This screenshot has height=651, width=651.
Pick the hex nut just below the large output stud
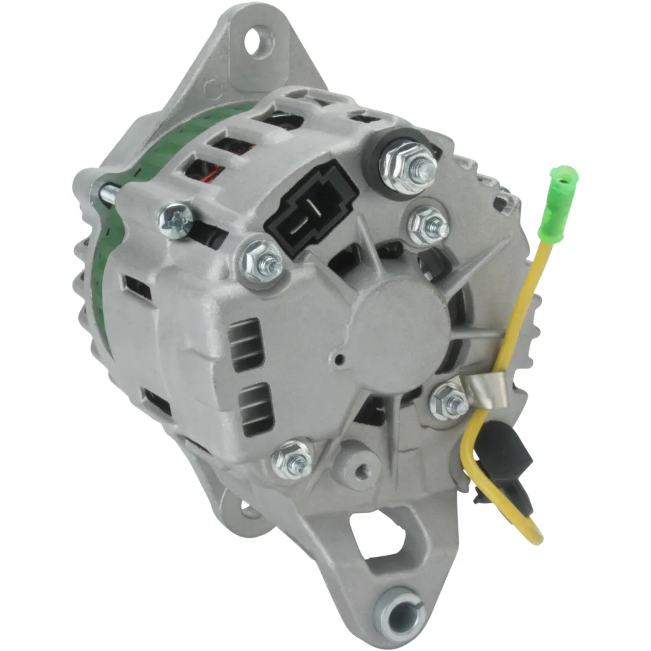428,224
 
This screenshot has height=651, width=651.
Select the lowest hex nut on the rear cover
291,459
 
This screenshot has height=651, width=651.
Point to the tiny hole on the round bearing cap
341,360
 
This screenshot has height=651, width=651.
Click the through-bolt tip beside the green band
106,192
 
